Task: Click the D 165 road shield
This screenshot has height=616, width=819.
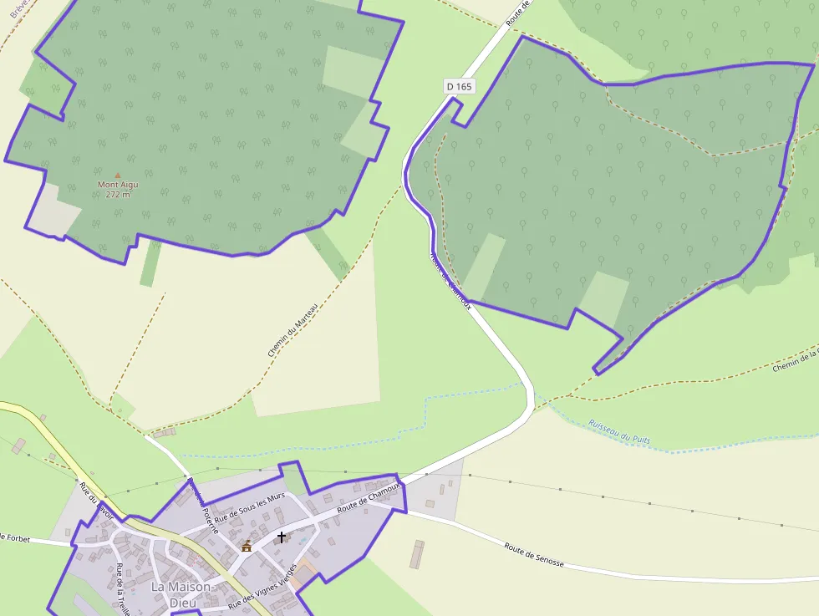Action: point(459,85)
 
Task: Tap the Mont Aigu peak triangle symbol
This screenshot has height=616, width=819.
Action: point(117,176)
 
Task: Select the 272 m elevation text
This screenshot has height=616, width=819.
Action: point(118,195)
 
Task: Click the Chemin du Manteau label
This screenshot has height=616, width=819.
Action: point(293,330)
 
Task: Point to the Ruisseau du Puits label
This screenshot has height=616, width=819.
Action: point(619,431)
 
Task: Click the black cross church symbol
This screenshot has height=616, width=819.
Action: point(282,537)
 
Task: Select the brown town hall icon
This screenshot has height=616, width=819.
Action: point(246,547)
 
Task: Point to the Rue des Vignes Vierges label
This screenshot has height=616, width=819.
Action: point(263,588)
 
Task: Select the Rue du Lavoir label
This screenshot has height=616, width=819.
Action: point(96,500)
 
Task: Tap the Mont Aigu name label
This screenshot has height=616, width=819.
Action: point(118,185)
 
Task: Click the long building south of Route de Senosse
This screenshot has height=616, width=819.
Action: point(416,554)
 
